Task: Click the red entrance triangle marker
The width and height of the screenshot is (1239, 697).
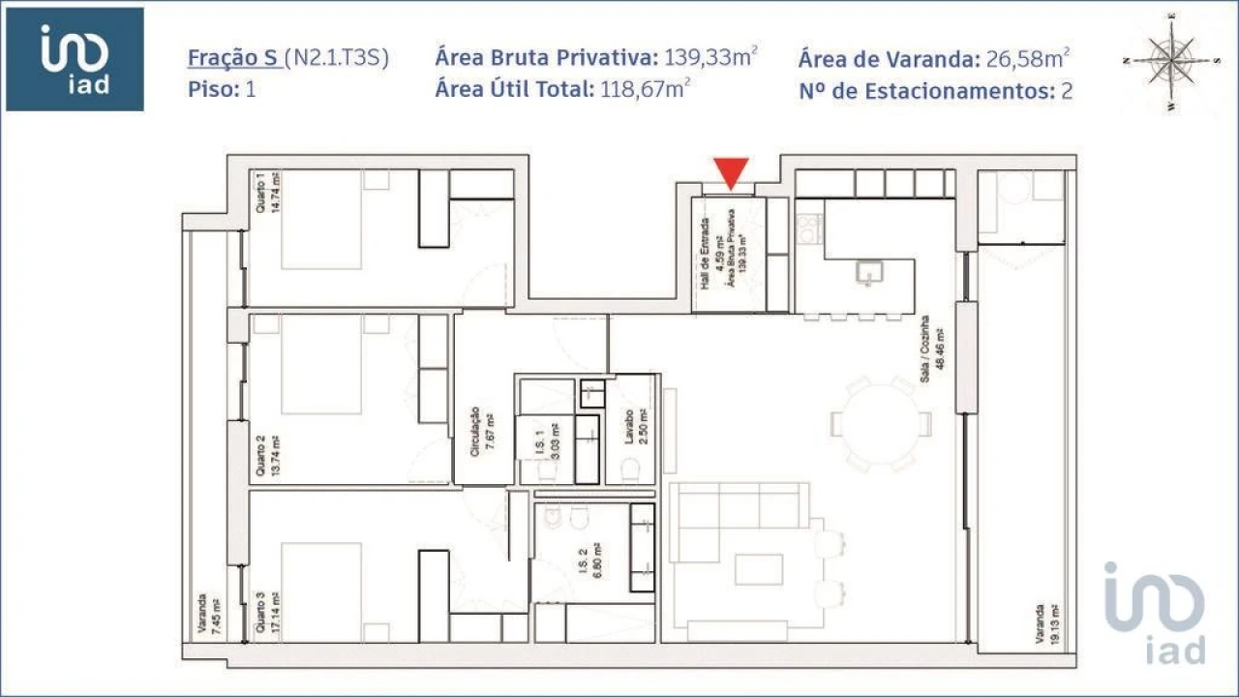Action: click(732, 172)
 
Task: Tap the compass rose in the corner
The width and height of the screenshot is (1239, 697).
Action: click(1171, 60)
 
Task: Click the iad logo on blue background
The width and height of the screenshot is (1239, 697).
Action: click(75, 59)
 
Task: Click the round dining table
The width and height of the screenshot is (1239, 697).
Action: click(881, 423)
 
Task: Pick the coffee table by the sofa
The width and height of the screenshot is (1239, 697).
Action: click(758, 569)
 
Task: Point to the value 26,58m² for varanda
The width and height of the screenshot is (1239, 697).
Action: click(1028, 58)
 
